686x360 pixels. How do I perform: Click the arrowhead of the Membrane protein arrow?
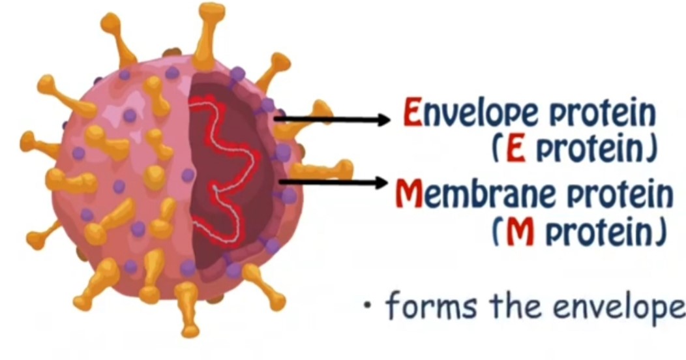point(384,182)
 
